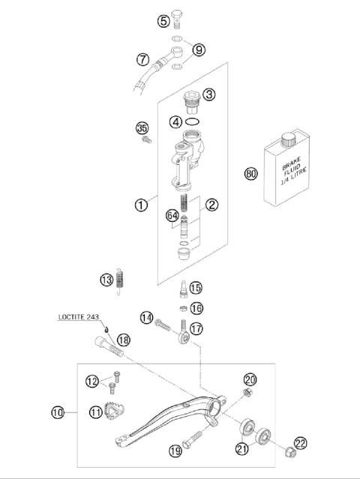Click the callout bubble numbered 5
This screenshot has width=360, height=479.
click(163, 21)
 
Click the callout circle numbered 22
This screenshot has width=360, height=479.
click(301, 444)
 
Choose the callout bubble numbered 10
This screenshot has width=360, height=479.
click(58, 412)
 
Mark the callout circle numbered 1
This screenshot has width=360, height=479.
click(141, 205)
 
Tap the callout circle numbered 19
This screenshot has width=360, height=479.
click(175, 451)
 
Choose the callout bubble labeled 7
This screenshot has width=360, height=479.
click(142, 58)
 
